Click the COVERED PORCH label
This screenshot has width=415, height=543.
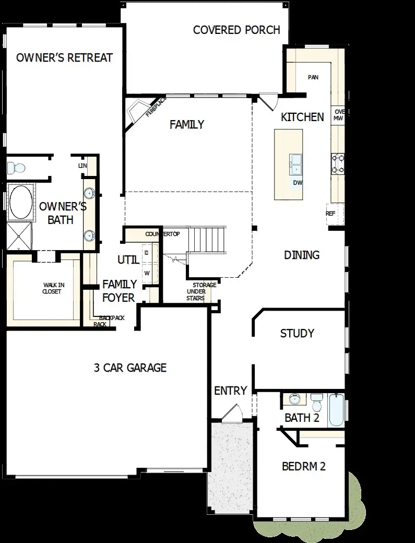coord(236,30)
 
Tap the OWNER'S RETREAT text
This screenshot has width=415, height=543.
coord(64,57)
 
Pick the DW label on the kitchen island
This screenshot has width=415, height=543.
coord(298,183)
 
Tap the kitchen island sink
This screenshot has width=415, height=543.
coord(296,163)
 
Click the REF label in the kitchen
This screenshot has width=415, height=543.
coord(330,214)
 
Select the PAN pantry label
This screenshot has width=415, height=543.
coord(313,77)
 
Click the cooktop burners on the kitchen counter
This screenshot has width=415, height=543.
coord(337,163)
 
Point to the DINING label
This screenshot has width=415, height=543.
coord(302,255)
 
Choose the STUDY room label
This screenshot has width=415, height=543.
coord(297,333)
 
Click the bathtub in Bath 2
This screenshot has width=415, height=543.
coord(337,410)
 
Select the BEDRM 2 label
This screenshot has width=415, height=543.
coord(303,466)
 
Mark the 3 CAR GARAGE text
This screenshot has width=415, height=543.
coord(130,368)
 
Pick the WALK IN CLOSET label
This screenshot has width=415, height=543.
coord(52,288)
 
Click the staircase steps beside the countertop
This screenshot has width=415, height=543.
coord(207,239)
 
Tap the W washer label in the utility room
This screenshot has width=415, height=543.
coord(147,273)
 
